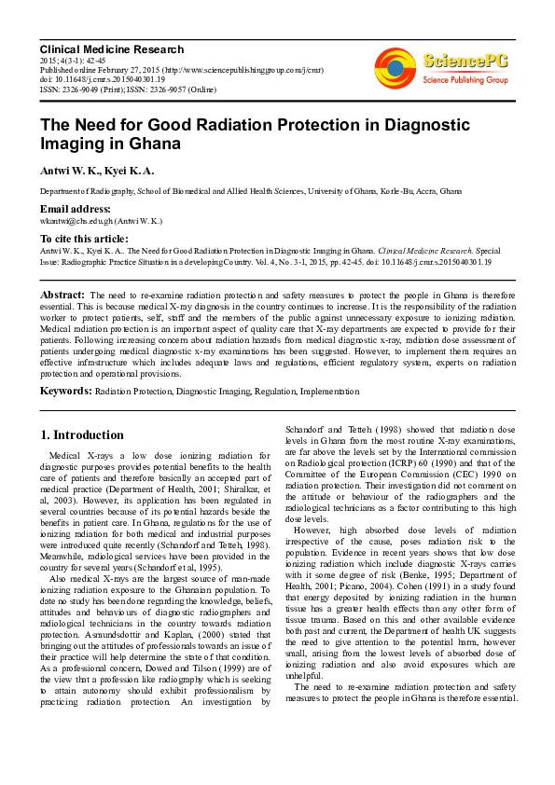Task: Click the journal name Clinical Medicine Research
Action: (x=111, y=48)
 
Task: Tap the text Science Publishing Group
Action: (x=465, y=80)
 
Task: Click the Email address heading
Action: (x=75, y=209)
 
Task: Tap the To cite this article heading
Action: (x=84, y=239)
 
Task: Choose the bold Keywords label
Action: (x=65, y=391)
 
